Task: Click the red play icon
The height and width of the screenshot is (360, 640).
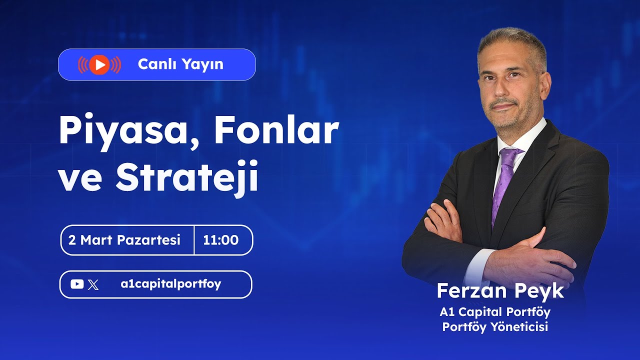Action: pyautogui.click(x=99, y=64)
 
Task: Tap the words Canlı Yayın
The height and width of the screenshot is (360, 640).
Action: pyautogui.click(x=180, y=64)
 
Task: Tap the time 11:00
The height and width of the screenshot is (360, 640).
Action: pyautogui.click(x=220, y=240)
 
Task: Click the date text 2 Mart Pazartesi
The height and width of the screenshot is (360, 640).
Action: pyautogui.click(x=124, y=240)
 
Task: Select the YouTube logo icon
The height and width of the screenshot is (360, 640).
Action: pyautogui.click(x=77, y=284)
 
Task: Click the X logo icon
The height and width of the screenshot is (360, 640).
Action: pyautogui.click(x=93, y=285)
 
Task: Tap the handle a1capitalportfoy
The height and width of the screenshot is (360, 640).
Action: pyautogui.click(x=171, y=284)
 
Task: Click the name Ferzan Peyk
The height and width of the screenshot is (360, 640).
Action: pyautogui.click(x=500, y=291)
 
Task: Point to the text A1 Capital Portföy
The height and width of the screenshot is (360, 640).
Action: pyautogui.click(x=495, y=312)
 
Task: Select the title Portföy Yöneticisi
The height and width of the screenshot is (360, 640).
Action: pyautogui.click(x=495, y=327)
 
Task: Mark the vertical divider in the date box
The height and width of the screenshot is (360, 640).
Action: pyautogui.click(x=194, y=240)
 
